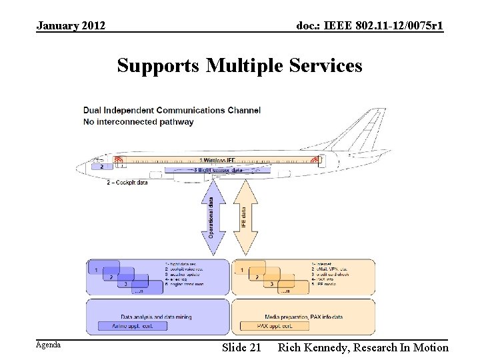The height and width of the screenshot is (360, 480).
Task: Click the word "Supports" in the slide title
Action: tap(159, 66)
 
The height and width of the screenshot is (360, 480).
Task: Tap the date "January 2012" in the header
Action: tap(71, 26)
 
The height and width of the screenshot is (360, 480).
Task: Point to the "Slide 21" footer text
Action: tap(241, 347)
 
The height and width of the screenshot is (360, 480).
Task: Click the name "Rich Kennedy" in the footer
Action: tap(313, 347)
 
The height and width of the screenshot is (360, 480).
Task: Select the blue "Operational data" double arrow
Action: tap(211, 217)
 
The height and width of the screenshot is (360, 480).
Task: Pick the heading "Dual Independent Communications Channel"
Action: tap(172, 110)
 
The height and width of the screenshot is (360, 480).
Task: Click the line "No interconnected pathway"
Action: tap(139, 121)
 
